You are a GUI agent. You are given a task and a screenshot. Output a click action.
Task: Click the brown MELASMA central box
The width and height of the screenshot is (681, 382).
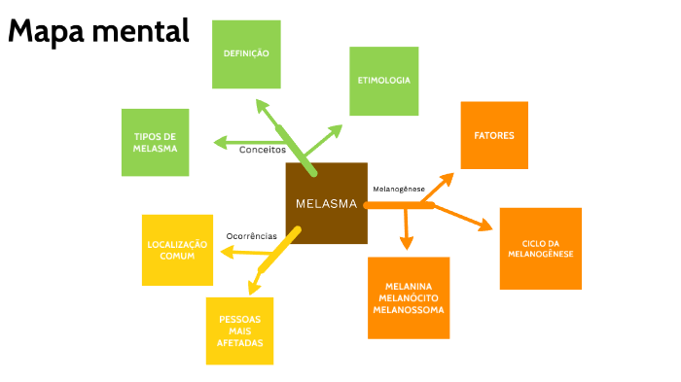pos(326,203)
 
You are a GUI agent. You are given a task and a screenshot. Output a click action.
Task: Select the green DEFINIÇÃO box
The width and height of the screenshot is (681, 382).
pos(246,53)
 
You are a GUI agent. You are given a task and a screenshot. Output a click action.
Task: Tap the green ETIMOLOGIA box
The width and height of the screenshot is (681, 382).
pos(384,81)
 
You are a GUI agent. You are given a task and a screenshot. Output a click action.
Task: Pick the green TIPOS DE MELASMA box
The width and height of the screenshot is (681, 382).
pos(155,142)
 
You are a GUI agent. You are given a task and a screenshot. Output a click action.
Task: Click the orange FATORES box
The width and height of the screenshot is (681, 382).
pos(494,135)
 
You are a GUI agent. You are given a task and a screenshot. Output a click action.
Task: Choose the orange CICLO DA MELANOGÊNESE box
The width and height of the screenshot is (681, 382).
pos(540,248)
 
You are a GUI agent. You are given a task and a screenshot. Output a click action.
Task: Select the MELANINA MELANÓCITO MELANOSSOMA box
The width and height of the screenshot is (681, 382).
pos(409,297)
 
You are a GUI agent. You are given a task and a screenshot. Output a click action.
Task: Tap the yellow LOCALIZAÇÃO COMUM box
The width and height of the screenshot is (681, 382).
pos(177,249)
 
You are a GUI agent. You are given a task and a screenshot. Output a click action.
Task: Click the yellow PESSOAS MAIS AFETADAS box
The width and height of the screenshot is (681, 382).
pos(239,330)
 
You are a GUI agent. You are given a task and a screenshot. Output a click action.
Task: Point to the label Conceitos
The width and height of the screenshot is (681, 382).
pos(263,150)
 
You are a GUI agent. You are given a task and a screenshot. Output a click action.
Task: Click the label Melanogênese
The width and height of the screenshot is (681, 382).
pos(399,188)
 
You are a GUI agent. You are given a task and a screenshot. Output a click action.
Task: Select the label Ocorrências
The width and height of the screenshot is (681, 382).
pos(251,236)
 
